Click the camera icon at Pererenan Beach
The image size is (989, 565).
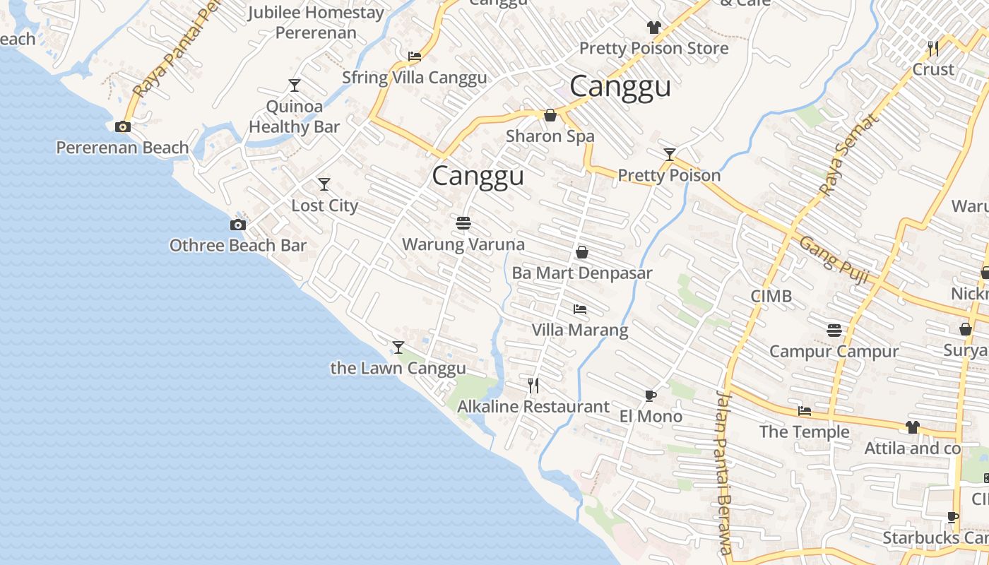123,127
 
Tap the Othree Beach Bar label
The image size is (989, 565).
238,245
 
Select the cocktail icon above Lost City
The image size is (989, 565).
324,184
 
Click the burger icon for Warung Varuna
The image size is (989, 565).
463,223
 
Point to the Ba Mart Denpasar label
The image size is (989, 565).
581,273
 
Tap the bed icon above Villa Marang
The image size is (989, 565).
580,309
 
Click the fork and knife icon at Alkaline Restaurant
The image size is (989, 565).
534,385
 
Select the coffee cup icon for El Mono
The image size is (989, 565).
651,395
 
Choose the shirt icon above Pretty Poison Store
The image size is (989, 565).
653,28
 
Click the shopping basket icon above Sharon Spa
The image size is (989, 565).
550,115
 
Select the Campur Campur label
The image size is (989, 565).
834,351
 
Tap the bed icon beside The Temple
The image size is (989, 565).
805,411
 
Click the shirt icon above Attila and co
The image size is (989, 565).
913,427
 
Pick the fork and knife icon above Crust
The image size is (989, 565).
933,48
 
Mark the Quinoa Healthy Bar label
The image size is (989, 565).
295,117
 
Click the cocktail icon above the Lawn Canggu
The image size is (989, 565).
398,347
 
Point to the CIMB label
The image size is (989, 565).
771,296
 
